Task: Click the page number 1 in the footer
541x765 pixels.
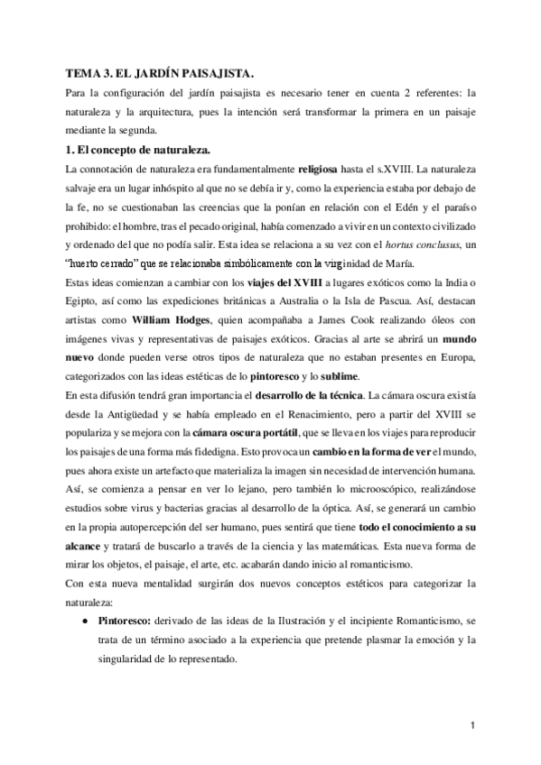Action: [x=473, y=725]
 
